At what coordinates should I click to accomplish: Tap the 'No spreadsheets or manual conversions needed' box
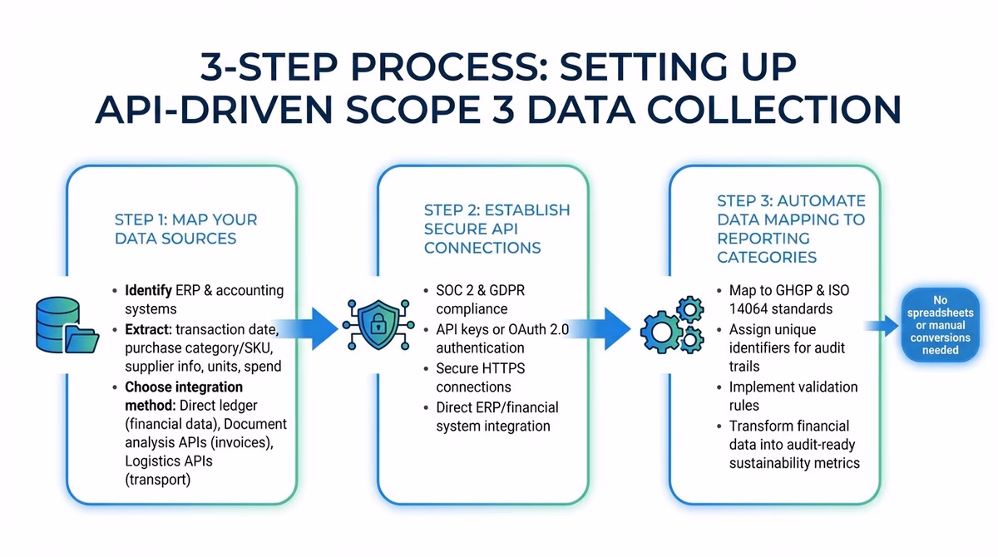coord(940,325)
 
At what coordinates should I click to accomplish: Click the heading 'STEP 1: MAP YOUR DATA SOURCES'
coord(185,229)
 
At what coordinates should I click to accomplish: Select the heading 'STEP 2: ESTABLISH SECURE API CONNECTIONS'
coord(497,229)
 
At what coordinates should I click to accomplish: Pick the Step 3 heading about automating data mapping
coord(790,229)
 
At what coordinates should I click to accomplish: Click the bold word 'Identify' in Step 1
coord(149,291)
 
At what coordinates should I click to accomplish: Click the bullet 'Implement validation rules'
coord(793,397)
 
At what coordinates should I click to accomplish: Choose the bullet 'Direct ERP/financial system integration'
coord(497,417)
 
